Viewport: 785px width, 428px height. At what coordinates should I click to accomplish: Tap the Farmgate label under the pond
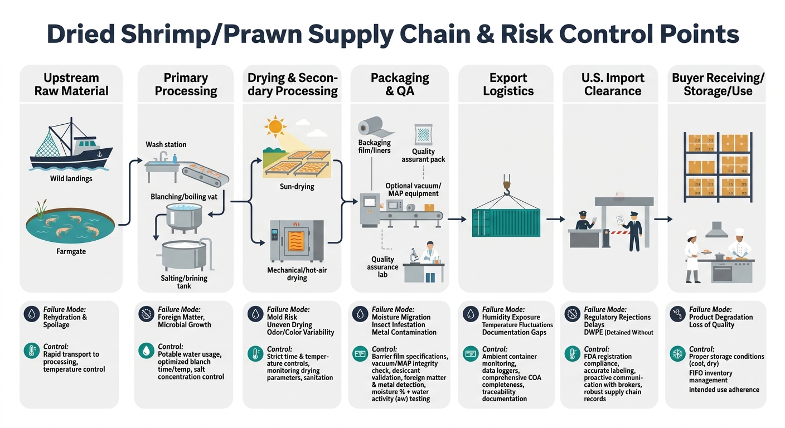pos(70,252)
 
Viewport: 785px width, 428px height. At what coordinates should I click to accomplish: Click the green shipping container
pos(506,223)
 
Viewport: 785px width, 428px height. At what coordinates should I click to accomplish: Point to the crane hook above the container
pos(506,185)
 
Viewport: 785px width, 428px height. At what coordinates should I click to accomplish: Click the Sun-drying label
pos(297,187)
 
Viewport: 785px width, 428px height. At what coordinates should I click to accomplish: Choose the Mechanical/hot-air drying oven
pos(297,240)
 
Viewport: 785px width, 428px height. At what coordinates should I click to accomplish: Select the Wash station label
pos(166,144)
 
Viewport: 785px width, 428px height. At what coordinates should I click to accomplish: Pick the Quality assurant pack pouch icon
pos(423,135)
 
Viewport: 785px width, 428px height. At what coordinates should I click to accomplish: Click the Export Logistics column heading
pos(508,84)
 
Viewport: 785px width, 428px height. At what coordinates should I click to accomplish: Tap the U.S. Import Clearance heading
pos(613,84)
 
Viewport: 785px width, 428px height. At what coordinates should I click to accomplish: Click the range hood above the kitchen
pos(717,229)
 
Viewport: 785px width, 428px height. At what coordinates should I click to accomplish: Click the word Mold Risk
pos(282,317)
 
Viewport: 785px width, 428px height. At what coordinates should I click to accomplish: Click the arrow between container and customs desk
pos(555,220)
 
